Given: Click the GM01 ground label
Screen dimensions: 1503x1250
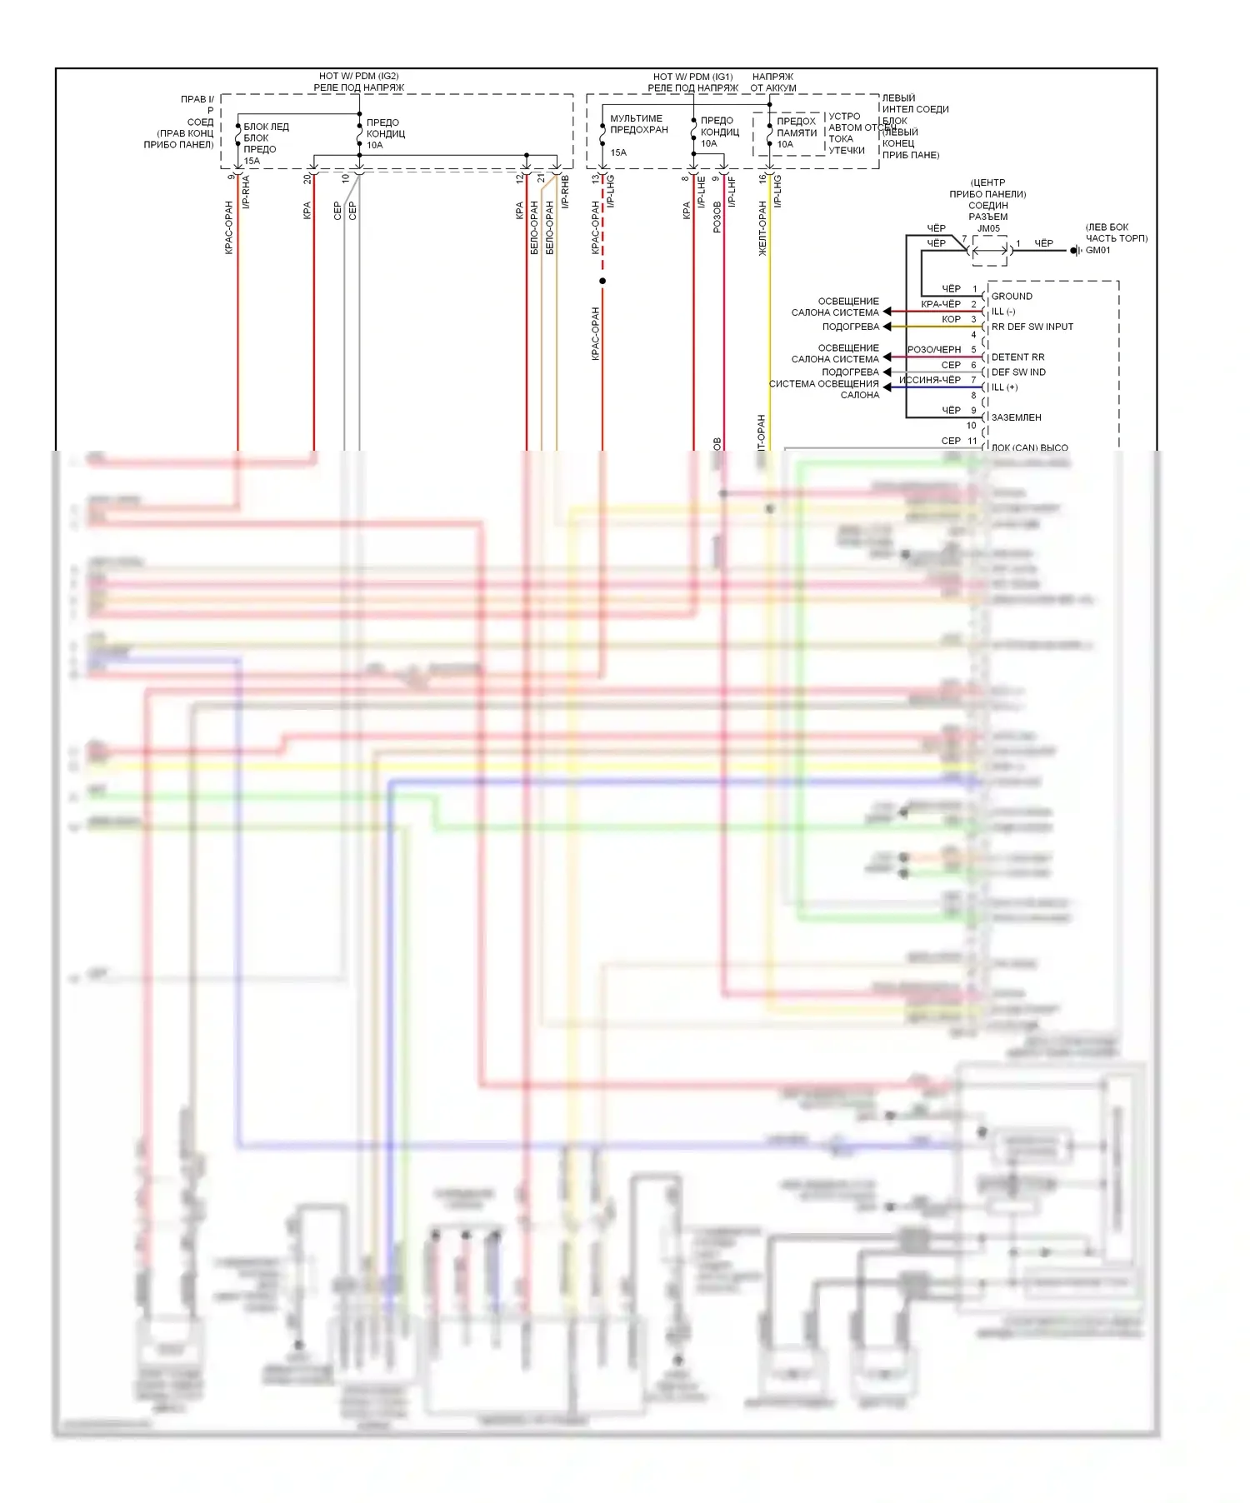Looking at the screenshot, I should (1097, 250).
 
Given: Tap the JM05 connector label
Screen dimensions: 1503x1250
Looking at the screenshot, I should (988, 228).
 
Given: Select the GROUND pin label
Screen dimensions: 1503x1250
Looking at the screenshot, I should (1012, 296).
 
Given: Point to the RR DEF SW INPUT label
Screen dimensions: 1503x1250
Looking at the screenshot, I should (1032, 327).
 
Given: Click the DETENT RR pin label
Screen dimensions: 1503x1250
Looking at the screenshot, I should (1017, 357).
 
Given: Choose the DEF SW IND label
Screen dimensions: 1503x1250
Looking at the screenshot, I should (1018, 372).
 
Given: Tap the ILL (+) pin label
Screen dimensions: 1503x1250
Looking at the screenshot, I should (1004, 387).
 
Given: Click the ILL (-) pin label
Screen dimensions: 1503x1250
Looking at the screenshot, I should (1003, 312).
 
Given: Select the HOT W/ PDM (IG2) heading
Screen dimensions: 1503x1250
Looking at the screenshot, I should (358, 76).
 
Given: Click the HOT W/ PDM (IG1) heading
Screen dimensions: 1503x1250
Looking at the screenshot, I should (692, 76).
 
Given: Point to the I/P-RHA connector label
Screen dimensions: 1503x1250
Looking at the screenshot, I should (246, 192).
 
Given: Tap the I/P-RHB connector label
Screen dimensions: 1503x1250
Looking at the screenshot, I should (565, 192).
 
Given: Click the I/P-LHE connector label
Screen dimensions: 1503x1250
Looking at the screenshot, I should (702, 192).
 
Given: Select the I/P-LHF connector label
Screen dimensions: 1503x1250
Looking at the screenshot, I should (732, 192).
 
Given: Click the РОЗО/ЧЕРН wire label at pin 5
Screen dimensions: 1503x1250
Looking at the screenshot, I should (934, 350).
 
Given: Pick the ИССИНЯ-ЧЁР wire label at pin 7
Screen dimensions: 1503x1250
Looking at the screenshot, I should (930, 380).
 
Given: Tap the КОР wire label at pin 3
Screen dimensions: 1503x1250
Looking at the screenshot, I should (951, 319).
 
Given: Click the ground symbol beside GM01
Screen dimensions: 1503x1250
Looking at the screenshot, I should (1076, 250).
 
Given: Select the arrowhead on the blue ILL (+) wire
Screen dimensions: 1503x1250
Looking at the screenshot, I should (887, 387).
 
